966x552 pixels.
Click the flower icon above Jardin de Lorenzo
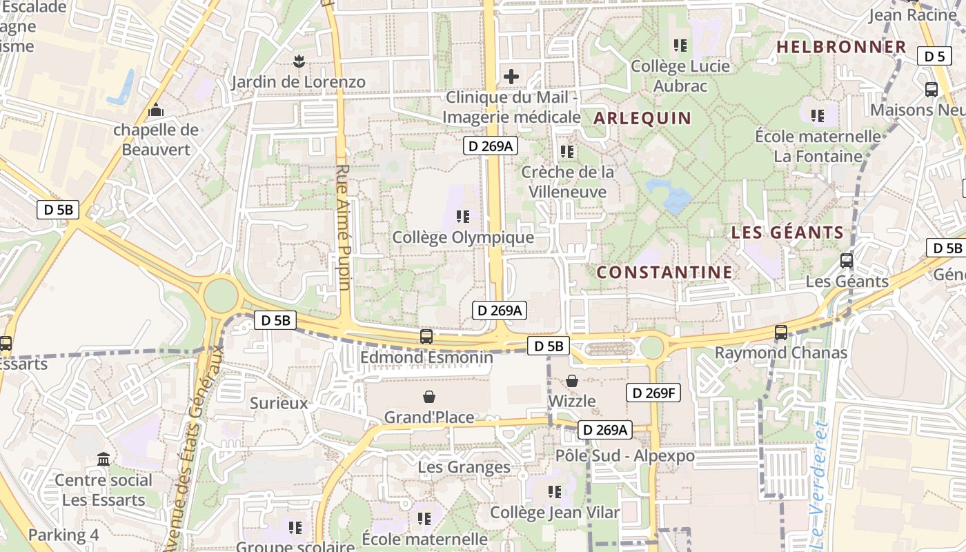pos(298,61)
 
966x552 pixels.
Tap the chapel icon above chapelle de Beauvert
pos(156,110)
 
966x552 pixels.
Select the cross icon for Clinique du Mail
pos(511,76)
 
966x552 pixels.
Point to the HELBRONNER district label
pos(841,47)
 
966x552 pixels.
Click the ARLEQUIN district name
pos(642,118)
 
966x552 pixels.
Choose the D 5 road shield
pos(934,57)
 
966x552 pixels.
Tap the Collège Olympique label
pos(463,237)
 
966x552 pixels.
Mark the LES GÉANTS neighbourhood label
pos(787,233)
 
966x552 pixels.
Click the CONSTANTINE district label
pos(664,273)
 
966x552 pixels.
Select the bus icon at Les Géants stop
pos(847,261)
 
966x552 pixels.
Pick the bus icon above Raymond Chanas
pos(781,333)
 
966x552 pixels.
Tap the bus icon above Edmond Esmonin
pos(426,337)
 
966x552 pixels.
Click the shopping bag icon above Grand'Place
pos(429,397)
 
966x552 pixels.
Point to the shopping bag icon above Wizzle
pos(572,381)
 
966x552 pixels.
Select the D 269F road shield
pos(653,393)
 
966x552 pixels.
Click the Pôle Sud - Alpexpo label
pos(625,456)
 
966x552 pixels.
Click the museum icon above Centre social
pos(103,460)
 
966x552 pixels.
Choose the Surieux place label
pos(279,403)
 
